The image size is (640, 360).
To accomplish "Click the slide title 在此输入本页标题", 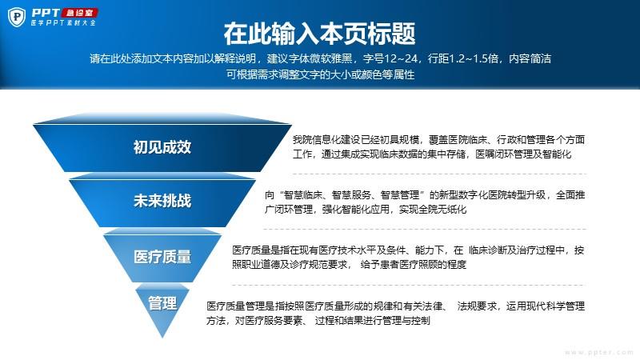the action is [319, 34].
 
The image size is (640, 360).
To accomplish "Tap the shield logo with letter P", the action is [17, 17].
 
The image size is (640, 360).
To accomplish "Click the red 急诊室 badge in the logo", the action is [79, 13].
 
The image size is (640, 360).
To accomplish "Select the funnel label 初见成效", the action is [162, 147].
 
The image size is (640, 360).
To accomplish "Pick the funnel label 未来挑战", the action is [162, 201].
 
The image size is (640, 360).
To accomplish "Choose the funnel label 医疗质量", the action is [162, 257].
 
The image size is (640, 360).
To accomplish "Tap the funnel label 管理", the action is [162, 303].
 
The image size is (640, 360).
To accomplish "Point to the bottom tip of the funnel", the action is [162, 338].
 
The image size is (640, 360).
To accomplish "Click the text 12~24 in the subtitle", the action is [401, 58].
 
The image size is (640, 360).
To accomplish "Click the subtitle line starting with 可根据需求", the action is [321, 74].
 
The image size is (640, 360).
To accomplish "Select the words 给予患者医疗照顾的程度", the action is [413, 265].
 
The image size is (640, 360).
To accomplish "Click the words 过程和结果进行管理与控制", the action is [372, 321].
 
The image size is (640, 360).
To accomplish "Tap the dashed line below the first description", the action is [439, 174].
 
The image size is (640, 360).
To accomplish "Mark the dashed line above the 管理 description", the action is [409, 285].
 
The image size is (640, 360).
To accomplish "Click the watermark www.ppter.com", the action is [598, 352].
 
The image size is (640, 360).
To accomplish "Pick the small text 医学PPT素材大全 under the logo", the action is [63, 23].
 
